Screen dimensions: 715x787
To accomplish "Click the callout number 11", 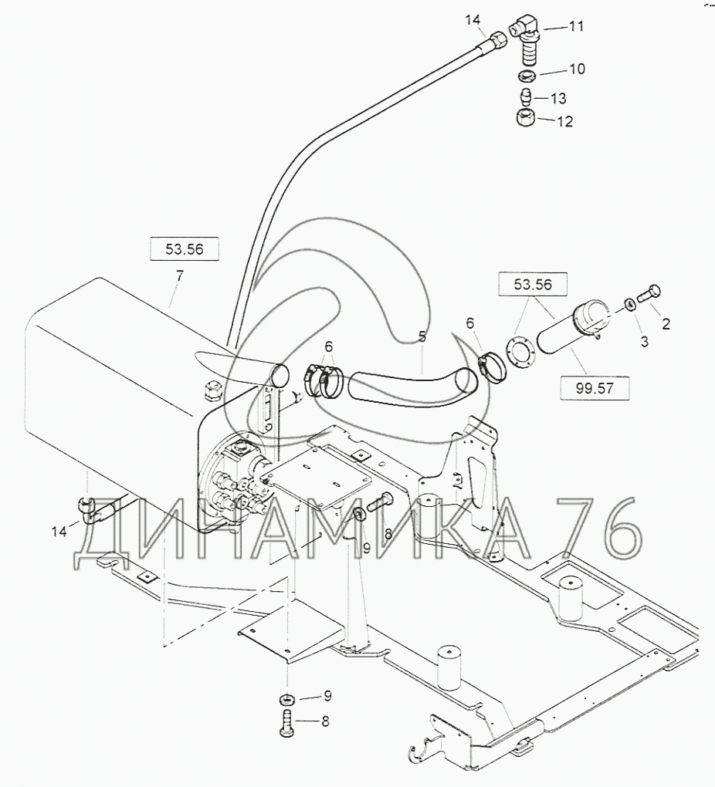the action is tap(575, 26).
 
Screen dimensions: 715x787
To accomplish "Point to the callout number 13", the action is tap(558, 99).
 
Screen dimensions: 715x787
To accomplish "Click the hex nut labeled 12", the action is tap(526, 119).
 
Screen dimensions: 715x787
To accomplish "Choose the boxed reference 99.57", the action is tap(595, 388).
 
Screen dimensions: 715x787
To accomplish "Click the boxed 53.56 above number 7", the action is tap(185, 249).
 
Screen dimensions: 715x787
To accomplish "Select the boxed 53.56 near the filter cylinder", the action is tap(533, 285).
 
